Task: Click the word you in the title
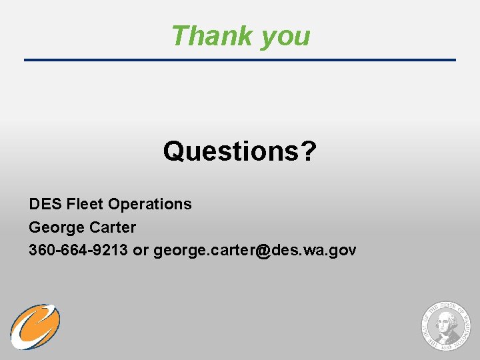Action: [285, 37]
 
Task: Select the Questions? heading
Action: [239, 151]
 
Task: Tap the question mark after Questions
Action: [308, 151]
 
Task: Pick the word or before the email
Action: [142, 250]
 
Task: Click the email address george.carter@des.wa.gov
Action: [255, 250]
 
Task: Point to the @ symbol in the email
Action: [263, 251]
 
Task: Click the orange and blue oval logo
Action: [35, 327]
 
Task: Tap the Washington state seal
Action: [445, 325]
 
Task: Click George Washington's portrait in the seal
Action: [445, 327]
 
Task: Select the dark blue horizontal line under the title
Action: [240, 60]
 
